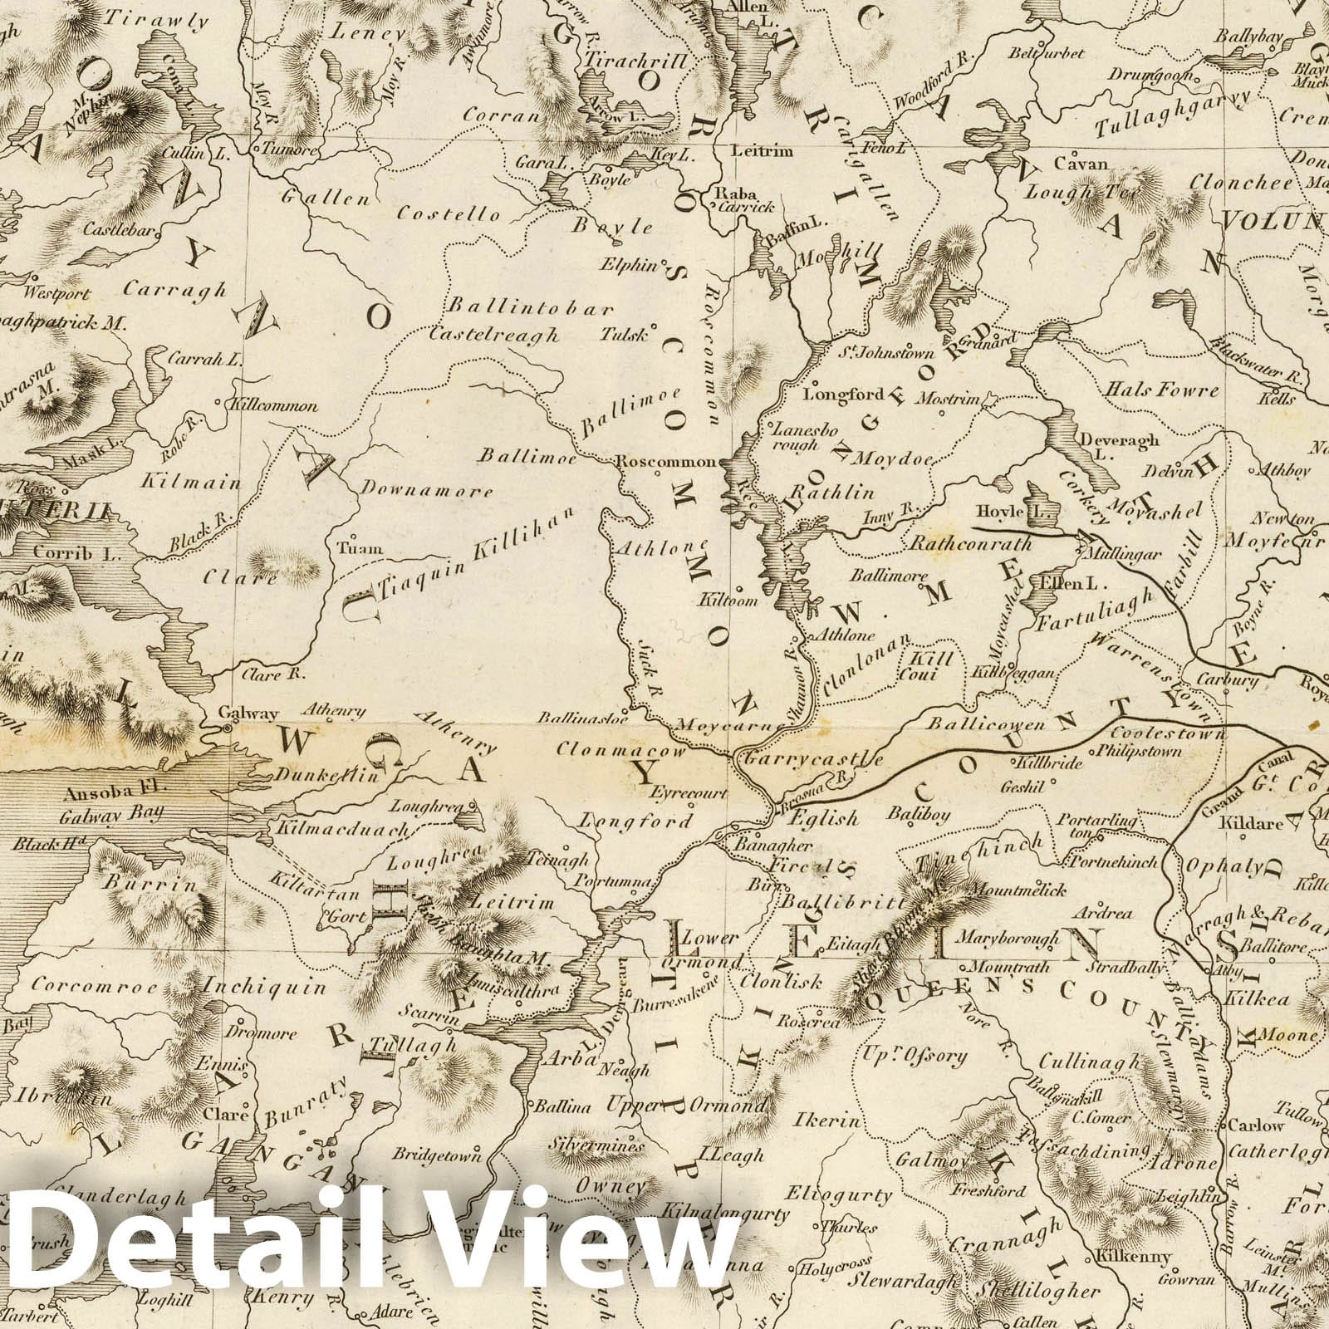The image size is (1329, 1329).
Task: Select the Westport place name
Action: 56,293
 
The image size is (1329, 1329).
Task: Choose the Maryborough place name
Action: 1008,938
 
